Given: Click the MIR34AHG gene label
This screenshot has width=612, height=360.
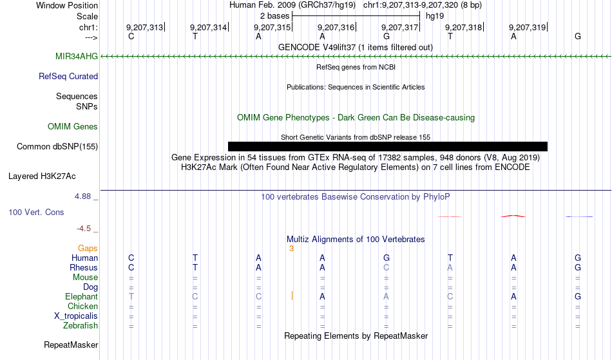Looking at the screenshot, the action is [x=77, y=56].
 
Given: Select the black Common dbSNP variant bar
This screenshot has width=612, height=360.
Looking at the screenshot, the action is [x=388, y=146].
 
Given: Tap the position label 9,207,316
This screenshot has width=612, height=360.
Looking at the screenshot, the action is [x=336, y=27].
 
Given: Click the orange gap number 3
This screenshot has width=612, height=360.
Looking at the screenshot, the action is [x=291, y=249].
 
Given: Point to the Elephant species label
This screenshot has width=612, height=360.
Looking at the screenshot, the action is [x=81, y=297].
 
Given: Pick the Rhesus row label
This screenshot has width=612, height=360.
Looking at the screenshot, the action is [x=84, y=267].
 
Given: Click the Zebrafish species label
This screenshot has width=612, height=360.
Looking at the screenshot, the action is [x=81, y=326].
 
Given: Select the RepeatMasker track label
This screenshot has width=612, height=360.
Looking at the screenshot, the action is [x=71, y=345].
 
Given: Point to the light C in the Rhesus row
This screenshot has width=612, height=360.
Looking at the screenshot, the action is [x=386, y=267].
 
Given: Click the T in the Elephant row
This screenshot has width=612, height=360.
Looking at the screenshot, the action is [x=131, y=296].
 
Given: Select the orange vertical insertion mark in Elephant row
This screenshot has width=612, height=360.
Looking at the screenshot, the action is [x=292, y=296].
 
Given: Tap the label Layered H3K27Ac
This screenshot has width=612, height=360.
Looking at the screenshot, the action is [x=42, y=176].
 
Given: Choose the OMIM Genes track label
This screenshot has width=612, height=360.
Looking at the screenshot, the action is [x=73, y=126].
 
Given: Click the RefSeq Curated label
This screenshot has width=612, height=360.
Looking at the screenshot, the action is [x=68, y=77].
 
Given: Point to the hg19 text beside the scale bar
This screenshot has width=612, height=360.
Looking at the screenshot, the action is [x=435, y=16].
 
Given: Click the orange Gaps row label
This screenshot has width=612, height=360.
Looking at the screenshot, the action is [x=88, y=249].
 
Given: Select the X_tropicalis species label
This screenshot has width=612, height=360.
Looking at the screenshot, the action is [x=76, y=316].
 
